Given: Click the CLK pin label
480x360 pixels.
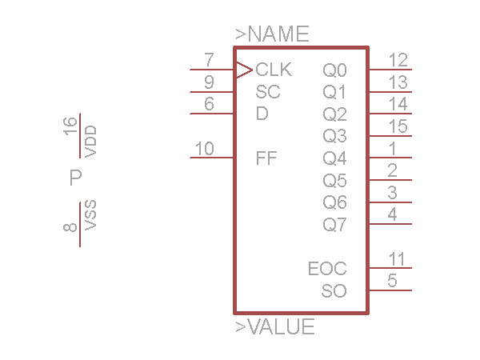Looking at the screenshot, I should tap(274, 70).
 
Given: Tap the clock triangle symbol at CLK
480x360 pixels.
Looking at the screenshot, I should tap(243, 70).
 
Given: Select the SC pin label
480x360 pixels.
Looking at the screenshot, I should tap(268, 92).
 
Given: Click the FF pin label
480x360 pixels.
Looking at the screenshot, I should tap(266, 158).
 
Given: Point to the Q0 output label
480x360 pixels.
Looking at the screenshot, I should tap(335, 70).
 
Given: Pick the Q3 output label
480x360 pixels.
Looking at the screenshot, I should tap(335, 136).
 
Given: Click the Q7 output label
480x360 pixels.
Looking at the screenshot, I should tap(335, 225).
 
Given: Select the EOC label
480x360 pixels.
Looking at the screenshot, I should tap(327, 268).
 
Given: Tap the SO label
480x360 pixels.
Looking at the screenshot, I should tap(334, 290).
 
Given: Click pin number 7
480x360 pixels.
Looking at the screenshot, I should tap(210, 60).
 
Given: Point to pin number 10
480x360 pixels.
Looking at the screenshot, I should tap(205, 148).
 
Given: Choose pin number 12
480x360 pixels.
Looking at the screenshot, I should tap(398, 60).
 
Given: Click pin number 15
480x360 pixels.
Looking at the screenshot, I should tap(398, 126).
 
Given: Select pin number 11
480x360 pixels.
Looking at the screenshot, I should tap(398, 258).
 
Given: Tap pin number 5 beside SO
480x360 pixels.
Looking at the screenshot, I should tap(392, 281).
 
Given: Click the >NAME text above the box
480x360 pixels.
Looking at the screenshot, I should tap(272, 34).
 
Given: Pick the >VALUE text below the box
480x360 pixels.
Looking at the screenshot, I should tap(274, 327).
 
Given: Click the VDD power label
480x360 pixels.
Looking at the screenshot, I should tap(90, 141).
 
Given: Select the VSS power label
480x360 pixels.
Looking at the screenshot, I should tap(90, 215).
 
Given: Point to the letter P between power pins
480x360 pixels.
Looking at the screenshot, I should tap(76, 178).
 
